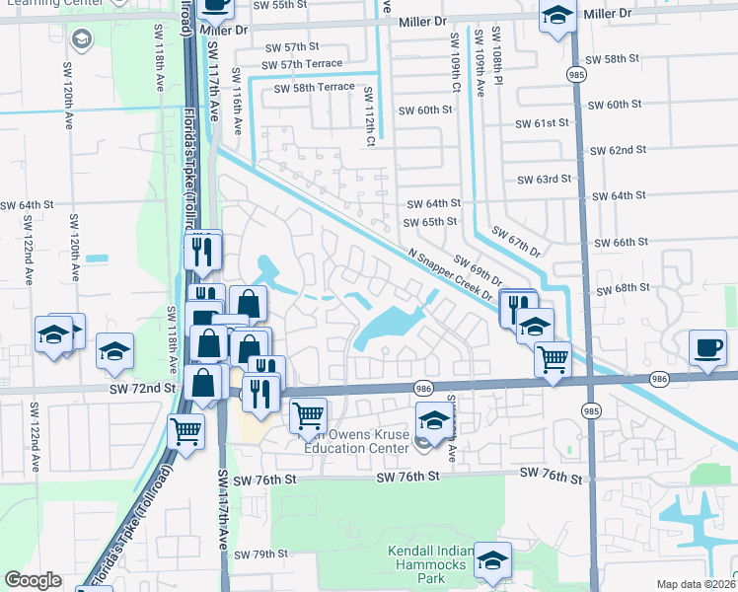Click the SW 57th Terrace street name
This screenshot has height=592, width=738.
point(302,64)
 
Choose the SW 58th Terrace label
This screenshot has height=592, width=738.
point(314,88)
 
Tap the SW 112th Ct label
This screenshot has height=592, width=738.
point(369,114)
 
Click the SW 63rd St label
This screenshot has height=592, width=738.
point(546,180)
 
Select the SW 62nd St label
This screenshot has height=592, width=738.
point(618,150)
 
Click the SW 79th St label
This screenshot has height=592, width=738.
point(260,555)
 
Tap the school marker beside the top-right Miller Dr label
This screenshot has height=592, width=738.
point(557,17)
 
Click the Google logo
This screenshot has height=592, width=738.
point(34,580)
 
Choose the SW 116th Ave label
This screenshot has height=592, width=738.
point(236,101)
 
